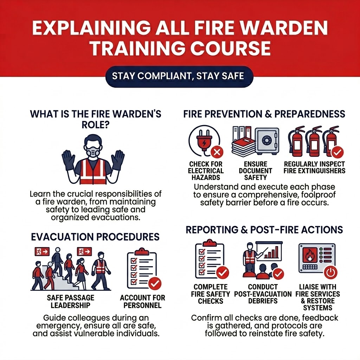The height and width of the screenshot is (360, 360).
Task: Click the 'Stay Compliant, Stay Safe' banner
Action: (x=179, y=76)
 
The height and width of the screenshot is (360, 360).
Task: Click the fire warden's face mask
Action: (x=93, y=152)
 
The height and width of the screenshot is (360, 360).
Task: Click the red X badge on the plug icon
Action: (x=217, y=152)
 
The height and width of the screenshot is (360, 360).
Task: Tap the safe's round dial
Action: (x=266, y=140)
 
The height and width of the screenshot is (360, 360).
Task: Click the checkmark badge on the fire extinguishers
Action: (x=337, y=152)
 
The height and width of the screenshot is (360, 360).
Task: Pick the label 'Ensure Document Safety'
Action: (x=255, y=171)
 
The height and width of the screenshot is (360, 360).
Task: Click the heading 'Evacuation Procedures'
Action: (x=95, y=237)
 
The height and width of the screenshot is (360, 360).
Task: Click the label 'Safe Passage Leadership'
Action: (x=70, y=301)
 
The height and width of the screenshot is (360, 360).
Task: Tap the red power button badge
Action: (x=330, y=272)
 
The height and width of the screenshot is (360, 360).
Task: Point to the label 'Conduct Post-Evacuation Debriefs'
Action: (x=263, y=294)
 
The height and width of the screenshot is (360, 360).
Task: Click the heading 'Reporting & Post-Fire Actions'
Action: (x=264, y=230)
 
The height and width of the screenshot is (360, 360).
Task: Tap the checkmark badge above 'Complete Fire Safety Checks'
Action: (x=222, y=272)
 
